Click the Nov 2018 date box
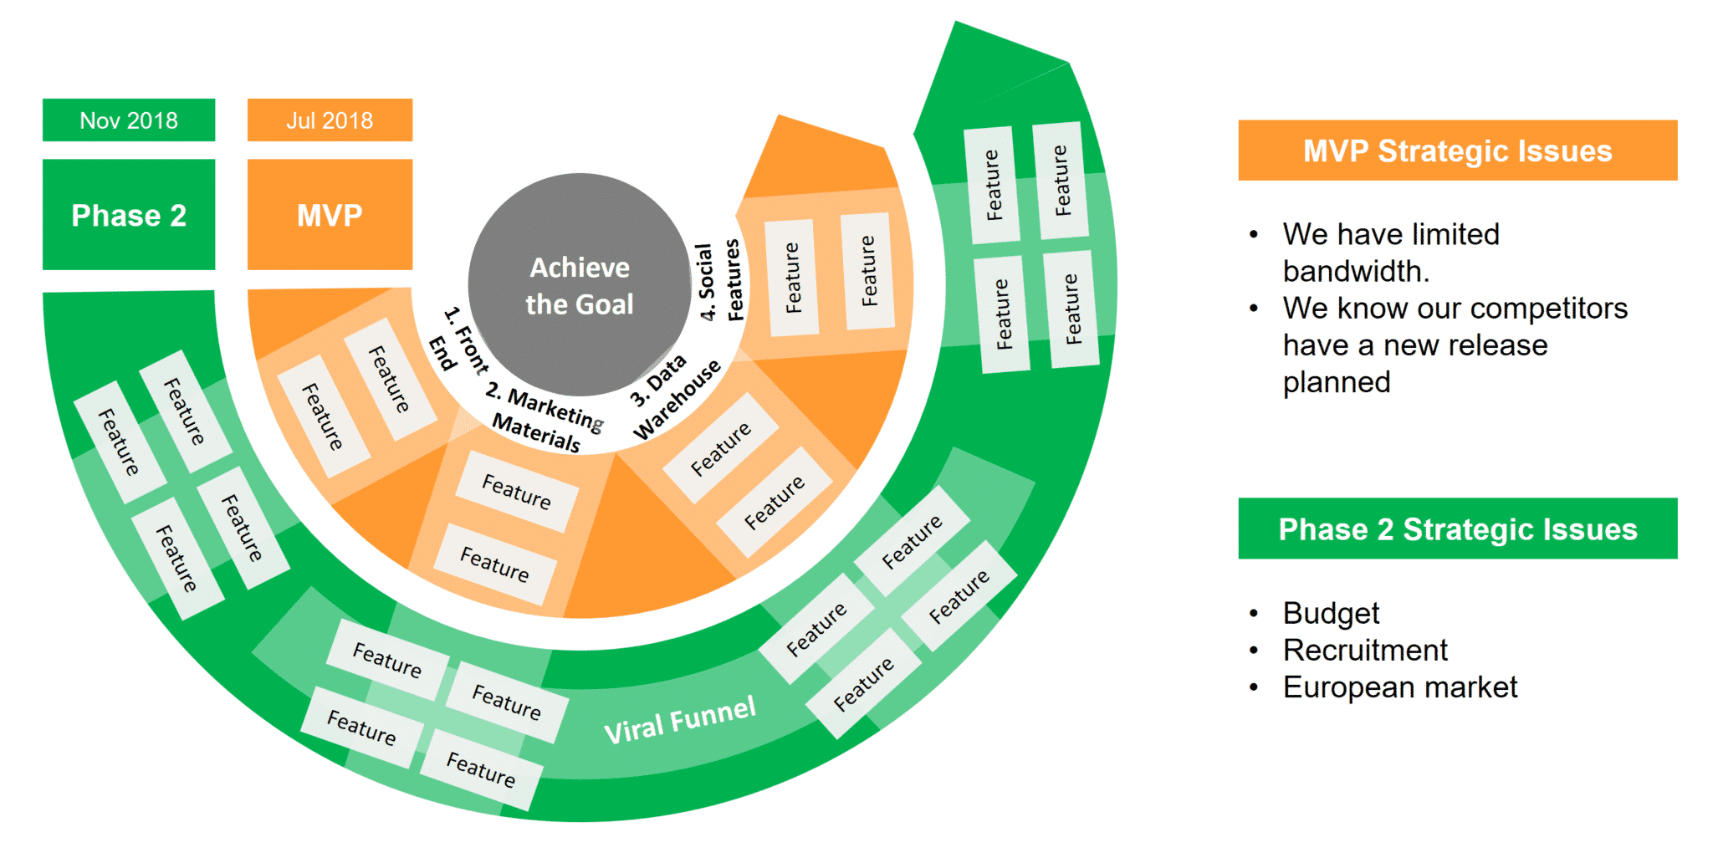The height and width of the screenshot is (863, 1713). tap(129, 120)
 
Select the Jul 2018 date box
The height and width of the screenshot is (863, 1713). tap(330, 120)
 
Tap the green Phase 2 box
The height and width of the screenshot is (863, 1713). tap(129, 215)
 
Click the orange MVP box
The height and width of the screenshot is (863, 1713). tap(330, 215)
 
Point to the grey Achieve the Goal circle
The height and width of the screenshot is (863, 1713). tap(580, 284)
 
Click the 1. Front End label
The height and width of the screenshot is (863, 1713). tap(459, 340)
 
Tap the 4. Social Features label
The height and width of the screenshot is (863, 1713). tap(720, 281)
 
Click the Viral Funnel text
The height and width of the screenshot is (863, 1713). tap(680, 719)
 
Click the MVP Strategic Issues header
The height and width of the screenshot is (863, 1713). tap(1458, 151)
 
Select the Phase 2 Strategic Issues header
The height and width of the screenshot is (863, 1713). tap(1458, 529)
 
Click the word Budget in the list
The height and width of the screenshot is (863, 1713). tap(1331, 614)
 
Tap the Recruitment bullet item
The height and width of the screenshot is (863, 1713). tap(1365, 650)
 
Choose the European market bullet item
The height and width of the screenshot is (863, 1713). tap(1400, 687)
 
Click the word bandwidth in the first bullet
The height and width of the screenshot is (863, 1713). tap(1356, 271)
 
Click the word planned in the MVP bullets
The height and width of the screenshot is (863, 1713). tap(1337, 382)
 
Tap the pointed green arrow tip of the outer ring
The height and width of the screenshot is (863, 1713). tap(956, 23)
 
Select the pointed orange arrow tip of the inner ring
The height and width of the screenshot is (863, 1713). tap(779, 116)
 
